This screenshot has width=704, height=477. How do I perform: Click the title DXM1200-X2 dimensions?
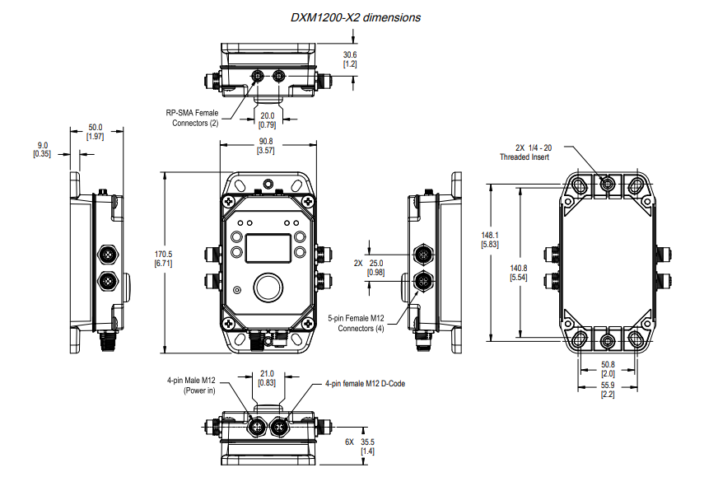click(x=357, y=16)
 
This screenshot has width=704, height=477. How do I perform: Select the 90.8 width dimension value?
click(x=265, y=146)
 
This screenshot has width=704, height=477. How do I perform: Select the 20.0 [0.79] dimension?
click(x=268, y=120)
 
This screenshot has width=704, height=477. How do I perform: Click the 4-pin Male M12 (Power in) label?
click(x=190, y=386)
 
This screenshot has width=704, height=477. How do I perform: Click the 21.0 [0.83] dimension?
click(x=267, y=378)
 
